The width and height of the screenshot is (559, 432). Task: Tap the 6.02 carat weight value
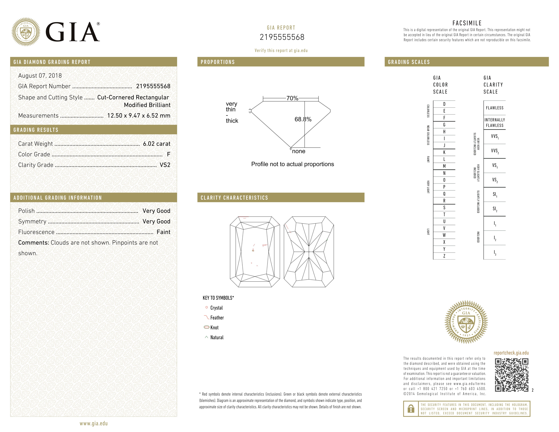pyautogui.click(x=156, y=144)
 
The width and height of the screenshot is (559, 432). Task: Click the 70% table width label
pyautogui.click(x=292, y=98)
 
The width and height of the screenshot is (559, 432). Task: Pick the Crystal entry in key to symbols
pyautogui.click(x=216, y=308)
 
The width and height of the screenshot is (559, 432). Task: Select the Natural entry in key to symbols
pyautogui.click(x=217, y=338)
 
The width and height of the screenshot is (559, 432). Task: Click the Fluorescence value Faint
pyautogui.click(x=163, y=232)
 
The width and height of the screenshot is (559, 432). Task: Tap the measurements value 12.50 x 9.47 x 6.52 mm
pyautogui.click(x=138, y=116)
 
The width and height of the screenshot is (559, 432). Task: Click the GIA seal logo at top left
pyautogui.click(x=26, y=32)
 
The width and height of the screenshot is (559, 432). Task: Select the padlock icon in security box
pyautogui.click(x=411, y=409)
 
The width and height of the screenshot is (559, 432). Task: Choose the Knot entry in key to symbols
pyautogui.click(x=214, y=328)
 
